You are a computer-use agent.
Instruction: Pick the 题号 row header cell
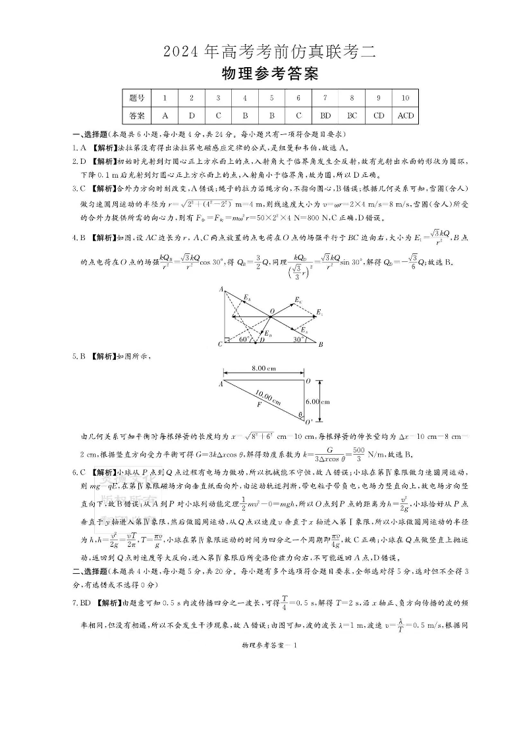(137, 98)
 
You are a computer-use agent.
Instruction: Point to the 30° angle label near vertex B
(298, 340)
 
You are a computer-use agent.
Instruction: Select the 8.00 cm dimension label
(263, 368)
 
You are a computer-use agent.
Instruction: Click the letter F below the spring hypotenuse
(259, 407)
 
